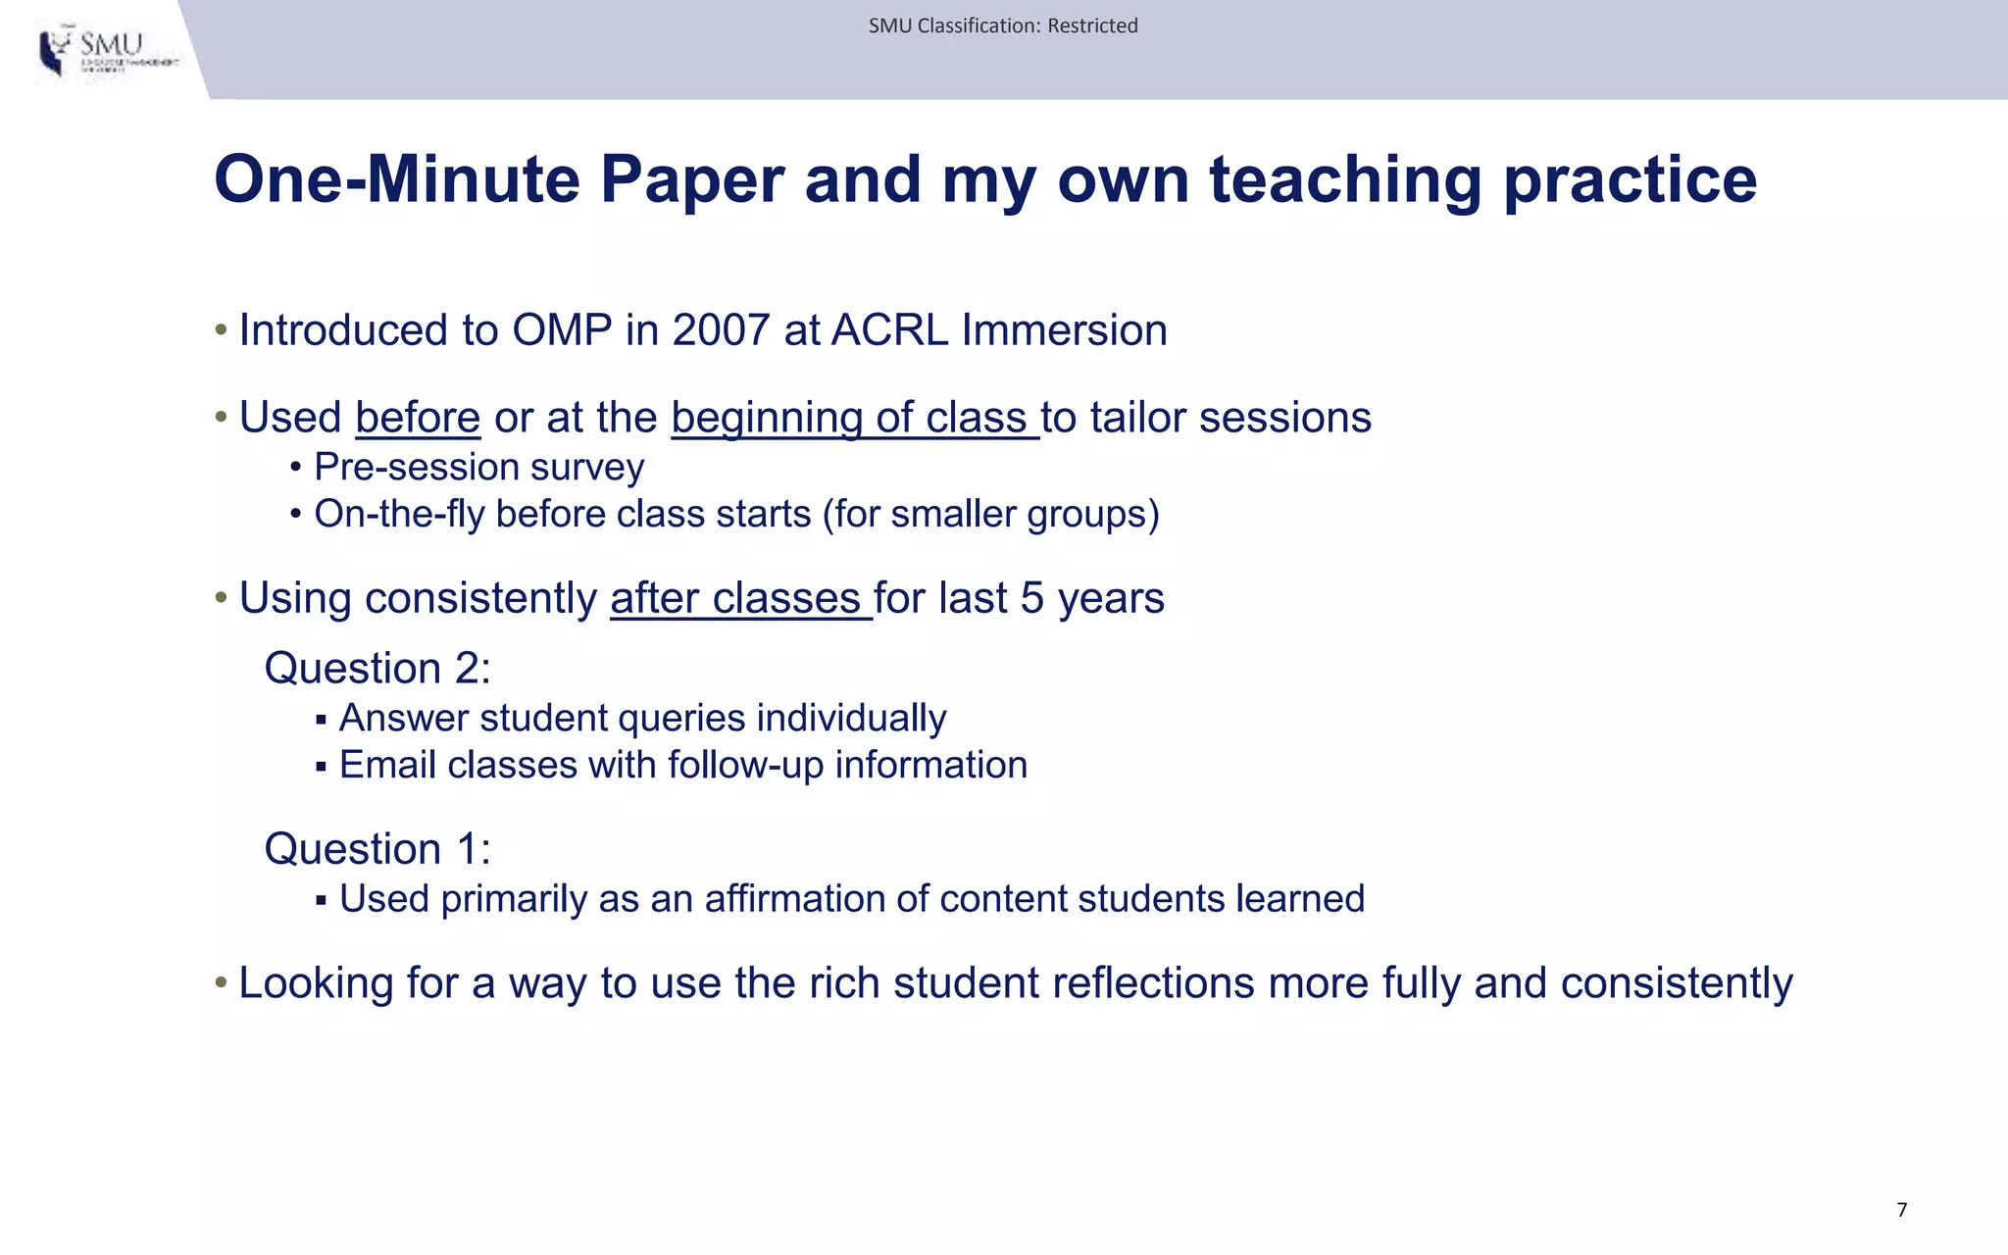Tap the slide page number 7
click(x=1901, y=1210)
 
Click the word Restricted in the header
click(x=1092, y=26)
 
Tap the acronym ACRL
click(x=889, y=330)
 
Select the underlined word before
click(x=418, y=418)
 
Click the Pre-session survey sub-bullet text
click(x=478, y=467)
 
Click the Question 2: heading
click(x=377, y=669)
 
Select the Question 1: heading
click(x=377, y=849)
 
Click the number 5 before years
click(x=1031, y=598)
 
